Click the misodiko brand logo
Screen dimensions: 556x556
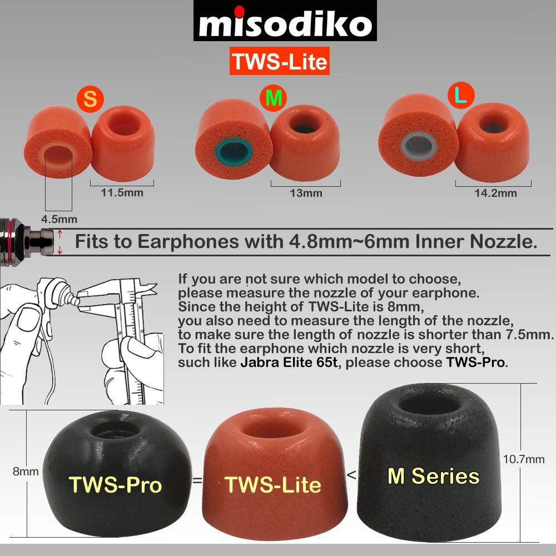285,21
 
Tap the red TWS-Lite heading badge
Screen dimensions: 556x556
280,61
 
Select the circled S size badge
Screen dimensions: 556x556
90,100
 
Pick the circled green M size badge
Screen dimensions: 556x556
273,98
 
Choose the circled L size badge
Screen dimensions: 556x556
460,95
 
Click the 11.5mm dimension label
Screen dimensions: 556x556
122,193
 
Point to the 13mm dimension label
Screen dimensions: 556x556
306,193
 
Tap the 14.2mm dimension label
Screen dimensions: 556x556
495,193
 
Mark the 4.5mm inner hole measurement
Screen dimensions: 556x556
59,219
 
